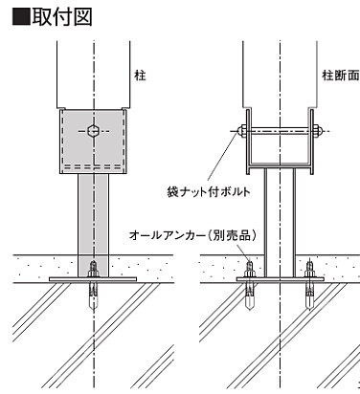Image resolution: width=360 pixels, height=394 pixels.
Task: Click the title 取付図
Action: pyautogui.click(x=61, y=16)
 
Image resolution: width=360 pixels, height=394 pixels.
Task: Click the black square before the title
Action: pyautogui.click(x=21, y=17)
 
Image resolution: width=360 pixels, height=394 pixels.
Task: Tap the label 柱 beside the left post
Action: pyautogui.click(x=140, y=76)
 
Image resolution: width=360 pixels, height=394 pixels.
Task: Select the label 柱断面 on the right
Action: pyautogui.click(x=340, y=76)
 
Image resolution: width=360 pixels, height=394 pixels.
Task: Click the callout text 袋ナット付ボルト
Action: pyautogui.click(x=209, y=192)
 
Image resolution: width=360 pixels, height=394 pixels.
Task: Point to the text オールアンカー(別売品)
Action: pyautogui.click(x=192, y=235)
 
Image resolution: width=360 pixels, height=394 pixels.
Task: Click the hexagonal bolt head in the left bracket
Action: pyautogui.click(x=93, y=131)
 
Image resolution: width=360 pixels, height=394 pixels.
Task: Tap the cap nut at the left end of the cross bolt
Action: pyautogui.click(x=240, y=131)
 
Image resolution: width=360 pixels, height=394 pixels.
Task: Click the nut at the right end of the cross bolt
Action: pyautogui.click(x=317, y=131)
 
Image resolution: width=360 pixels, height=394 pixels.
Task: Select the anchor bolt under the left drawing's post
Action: pyautogui.click(x=93, y=285)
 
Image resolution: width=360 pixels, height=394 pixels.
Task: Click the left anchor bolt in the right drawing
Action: pyautogui.click(x=249, y=285)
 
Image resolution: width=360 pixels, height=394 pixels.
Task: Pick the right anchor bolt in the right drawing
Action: pyautogui.click(x=309, y=285)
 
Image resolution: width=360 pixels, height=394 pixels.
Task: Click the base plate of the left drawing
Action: pyautogui.click(x=93, y=279)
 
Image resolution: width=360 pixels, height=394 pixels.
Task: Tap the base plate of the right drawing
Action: pyautogui.click(x=280, y=279)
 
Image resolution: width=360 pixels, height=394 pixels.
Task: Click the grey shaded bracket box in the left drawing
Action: pyautogui.click(x=93, y=142)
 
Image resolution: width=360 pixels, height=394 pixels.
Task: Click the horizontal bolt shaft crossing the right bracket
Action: pyautogui.click(x=279, y=131)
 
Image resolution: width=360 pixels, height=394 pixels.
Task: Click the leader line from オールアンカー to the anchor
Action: pyautogui.click(x=243, y=252)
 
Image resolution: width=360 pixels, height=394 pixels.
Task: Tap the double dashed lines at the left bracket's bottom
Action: pyautogui.click(x=93, y=166)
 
